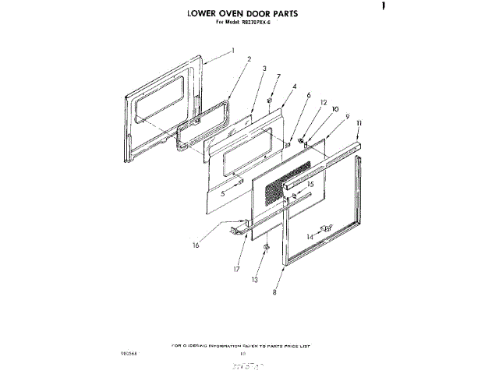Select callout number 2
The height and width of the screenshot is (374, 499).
tap(249, 58)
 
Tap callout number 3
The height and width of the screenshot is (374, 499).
tap(265, 69)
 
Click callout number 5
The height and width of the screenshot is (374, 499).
tap(222, 194)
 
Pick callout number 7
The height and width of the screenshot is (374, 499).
tap(278, 77)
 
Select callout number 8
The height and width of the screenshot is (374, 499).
tap(274, 293)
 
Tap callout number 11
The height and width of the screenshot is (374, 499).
tap(359, 124)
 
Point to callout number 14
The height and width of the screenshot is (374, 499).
tap(310, 236)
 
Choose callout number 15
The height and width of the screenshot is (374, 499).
tap(310, 184)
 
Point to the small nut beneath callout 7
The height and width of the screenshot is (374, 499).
tap(270, 101)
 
